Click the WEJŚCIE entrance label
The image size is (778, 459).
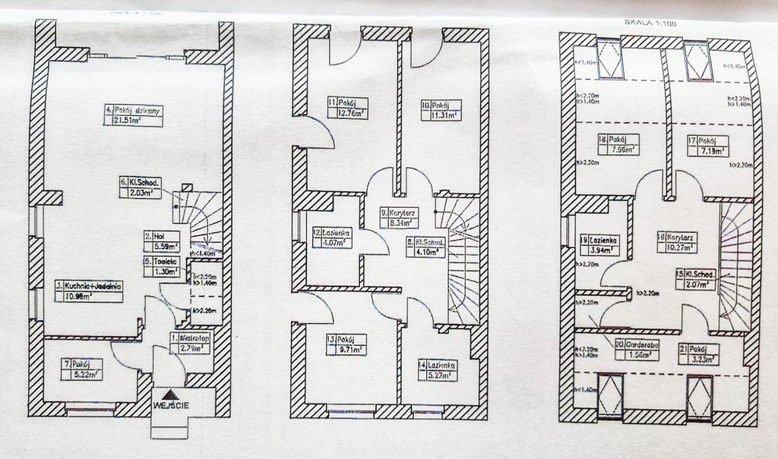[x=172, y=405]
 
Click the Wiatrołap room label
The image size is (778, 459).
[x=188, y=338]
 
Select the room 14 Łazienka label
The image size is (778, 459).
[x=441, y=364]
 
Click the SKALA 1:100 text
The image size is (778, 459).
[x=652, y=22]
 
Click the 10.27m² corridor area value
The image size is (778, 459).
[x=675, y=247]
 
